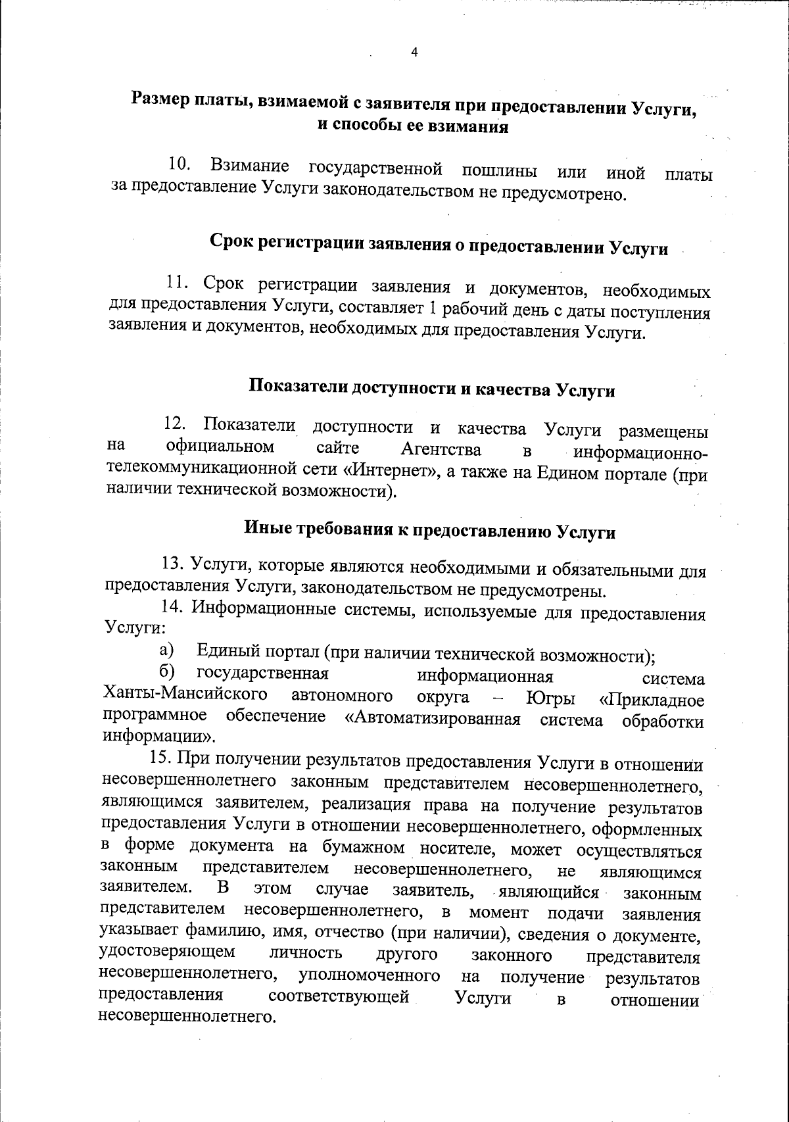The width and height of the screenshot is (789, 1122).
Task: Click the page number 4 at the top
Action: [414, 53]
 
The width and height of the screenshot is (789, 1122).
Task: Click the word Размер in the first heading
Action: [161, 99]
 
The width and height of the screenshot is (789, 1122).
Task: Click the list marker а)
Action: [166, 650]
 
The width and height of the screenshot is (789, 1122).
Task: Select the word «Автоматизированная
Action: [433, 719]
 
